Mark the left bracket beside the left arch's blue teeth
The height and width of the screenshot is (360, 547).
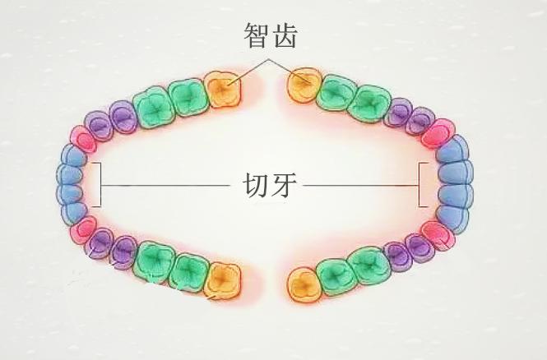99,184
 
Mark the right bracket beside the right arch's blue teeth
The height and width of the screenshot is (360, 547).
421,184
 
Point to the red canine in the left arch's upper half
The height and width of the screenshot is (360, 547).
83,137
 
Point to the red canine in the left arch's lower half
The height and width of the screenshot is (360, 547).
82,231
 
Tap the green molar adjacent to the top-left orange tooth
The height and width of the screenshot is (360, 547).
187,96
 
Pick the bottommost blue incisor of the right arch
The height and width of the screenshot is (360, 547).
452,215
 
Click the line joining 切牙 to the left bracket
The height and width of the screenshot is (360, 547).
165,185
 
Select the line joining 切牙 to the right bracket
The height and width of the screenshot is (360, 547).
362,185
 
